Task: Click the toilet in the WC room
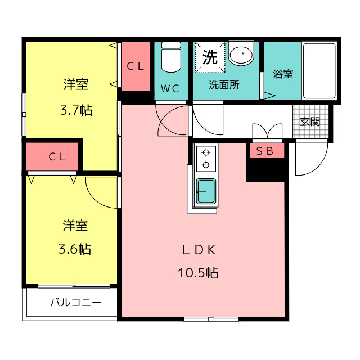(x=171, y=57)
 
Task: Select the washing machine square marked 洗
(x=210, y=57)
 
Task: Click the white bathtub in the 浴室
(x=319, y=71)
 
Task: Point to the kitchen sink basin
(x=206, y=191)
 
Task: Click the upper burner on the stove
(x=206, y=152)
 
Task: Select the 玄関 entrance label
(x=310, y=121)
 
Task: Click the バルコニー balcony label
(x=76, y=302)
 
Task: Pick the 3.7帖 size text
(x=76, y=110)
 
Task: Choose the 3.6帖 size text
(x=75, y=249)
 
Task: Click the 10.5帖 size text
(x=198, y=273)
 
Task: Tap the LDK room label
(x=199, y=250)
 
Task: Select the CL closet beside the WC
(x=136, y=66)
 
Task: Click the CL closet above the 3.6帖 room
(x=52, y=156)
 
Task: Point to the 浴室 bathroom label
(x=283, y=74)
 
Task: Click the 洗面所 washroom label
(x=224, y=85)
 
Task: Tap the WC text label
(x=170, y=89)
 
